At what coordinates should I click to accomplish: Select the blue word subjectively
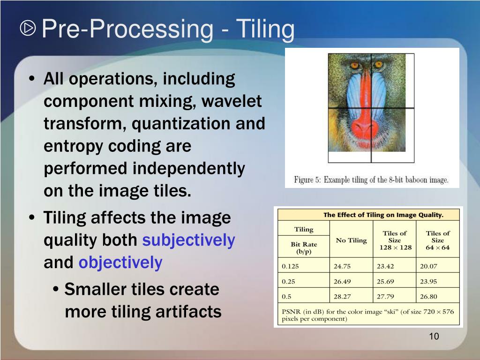pos(188,240)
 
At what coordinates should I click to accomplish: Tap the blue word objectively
pos(120,262)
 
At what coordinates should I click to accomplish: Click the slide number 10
pos(434,337)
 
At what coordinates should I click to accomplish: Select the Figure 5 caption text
pos(371,180)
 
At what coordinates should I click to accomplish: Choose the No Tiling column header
pos(351,240)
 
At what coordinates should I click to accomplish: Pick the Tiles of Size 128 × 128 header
pos(394,240)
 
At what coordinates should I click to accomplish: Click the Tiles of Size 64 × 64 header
pos(437,240)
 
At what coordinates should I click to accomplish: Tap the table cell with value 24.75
pos(343,266)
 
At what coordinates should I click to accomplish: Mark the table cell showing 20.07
pos(428,266)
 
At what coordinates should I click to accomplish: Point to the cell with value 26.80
pos(428,296)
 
